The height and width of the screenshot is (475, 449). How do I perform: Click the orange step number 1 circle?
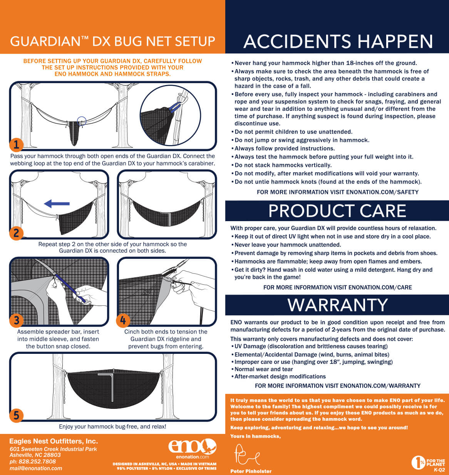pyautogui.click(x=16, y=145)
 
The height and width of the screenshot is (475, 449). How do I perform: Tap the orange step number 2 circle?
pyautogui.click(x=16, y=233)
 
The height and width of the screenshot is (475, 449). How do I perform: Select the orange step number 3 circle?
pyautogui.click(x=16, y=320)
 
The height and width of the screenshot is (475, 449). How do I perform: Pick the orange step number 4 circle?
pyautogui.click(x=123, y=320)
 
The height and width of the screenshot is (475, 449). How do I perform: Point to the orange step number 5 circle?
pyautogui.click(x=16, y=415)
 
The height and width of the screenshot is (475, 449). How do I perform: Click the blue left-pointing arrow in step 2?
pyautogui.click(x=57, y=204)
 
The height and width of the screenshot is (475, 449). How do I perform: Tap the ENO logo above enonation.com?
pyautogui.click(x=192, y=446)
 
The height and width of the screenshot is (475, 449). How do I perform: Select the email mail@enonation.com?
pyautogui.click(x=36, y=468)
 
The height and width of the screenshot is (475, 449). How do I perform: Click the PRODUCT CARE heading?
pyautogui.click(x=337, y=211)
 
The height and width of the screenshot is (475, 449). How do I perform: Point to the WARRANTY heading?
pyautogui.click(x=338, y=305)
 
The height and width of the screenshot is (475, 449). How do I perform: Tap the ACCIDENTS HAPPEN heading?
pyautogui.click(x=338, y=42)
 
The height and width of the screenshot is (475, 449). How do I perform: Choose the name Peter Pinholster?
pyautogui.click(x=251, y=471)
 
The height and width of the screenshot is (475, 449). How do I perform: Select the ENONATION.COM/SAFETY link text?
pyautogui.click(x=382, y=192)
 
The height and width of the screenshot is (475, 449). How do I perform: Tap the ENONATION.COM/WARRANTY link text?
pyautogui.click(x=380, y=386)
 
